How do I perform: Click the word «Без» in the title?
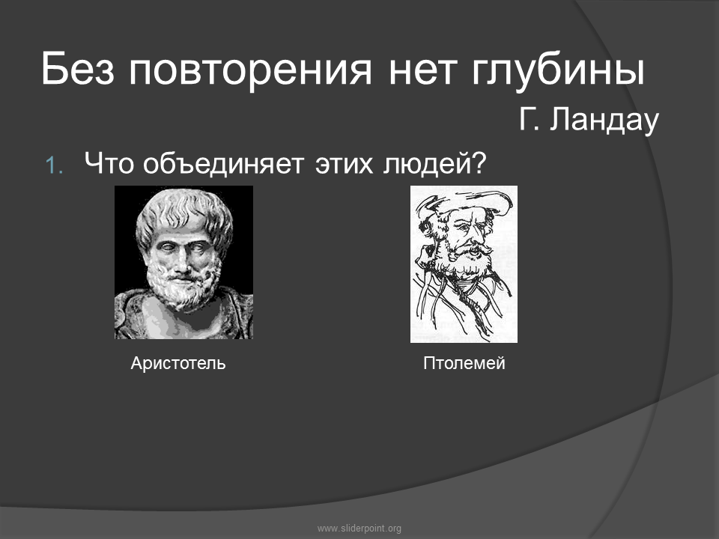[77, 69]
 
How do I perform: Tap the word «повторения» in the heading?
[250, 71]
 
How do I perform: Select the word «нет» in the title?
[422, 71]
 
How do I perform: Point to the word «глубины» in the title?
[558, 71]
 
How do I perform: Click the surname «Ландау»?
[604, 120]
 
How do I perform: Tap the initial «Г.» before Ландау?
[530, 120]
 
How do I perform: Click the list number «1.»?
[55, 165]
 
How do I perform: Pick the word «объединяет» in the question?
[223, 164]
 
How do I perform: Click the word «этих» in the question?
[344, 164]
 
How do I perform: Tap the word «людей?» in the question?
[434, 164]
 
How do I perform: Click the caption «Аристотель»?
[178, 363]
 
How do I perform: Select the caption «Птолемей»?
[464, 363]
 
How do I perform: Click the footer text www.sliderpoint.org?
[359, 529]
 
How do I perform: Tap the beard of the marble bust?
[183, 287]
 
